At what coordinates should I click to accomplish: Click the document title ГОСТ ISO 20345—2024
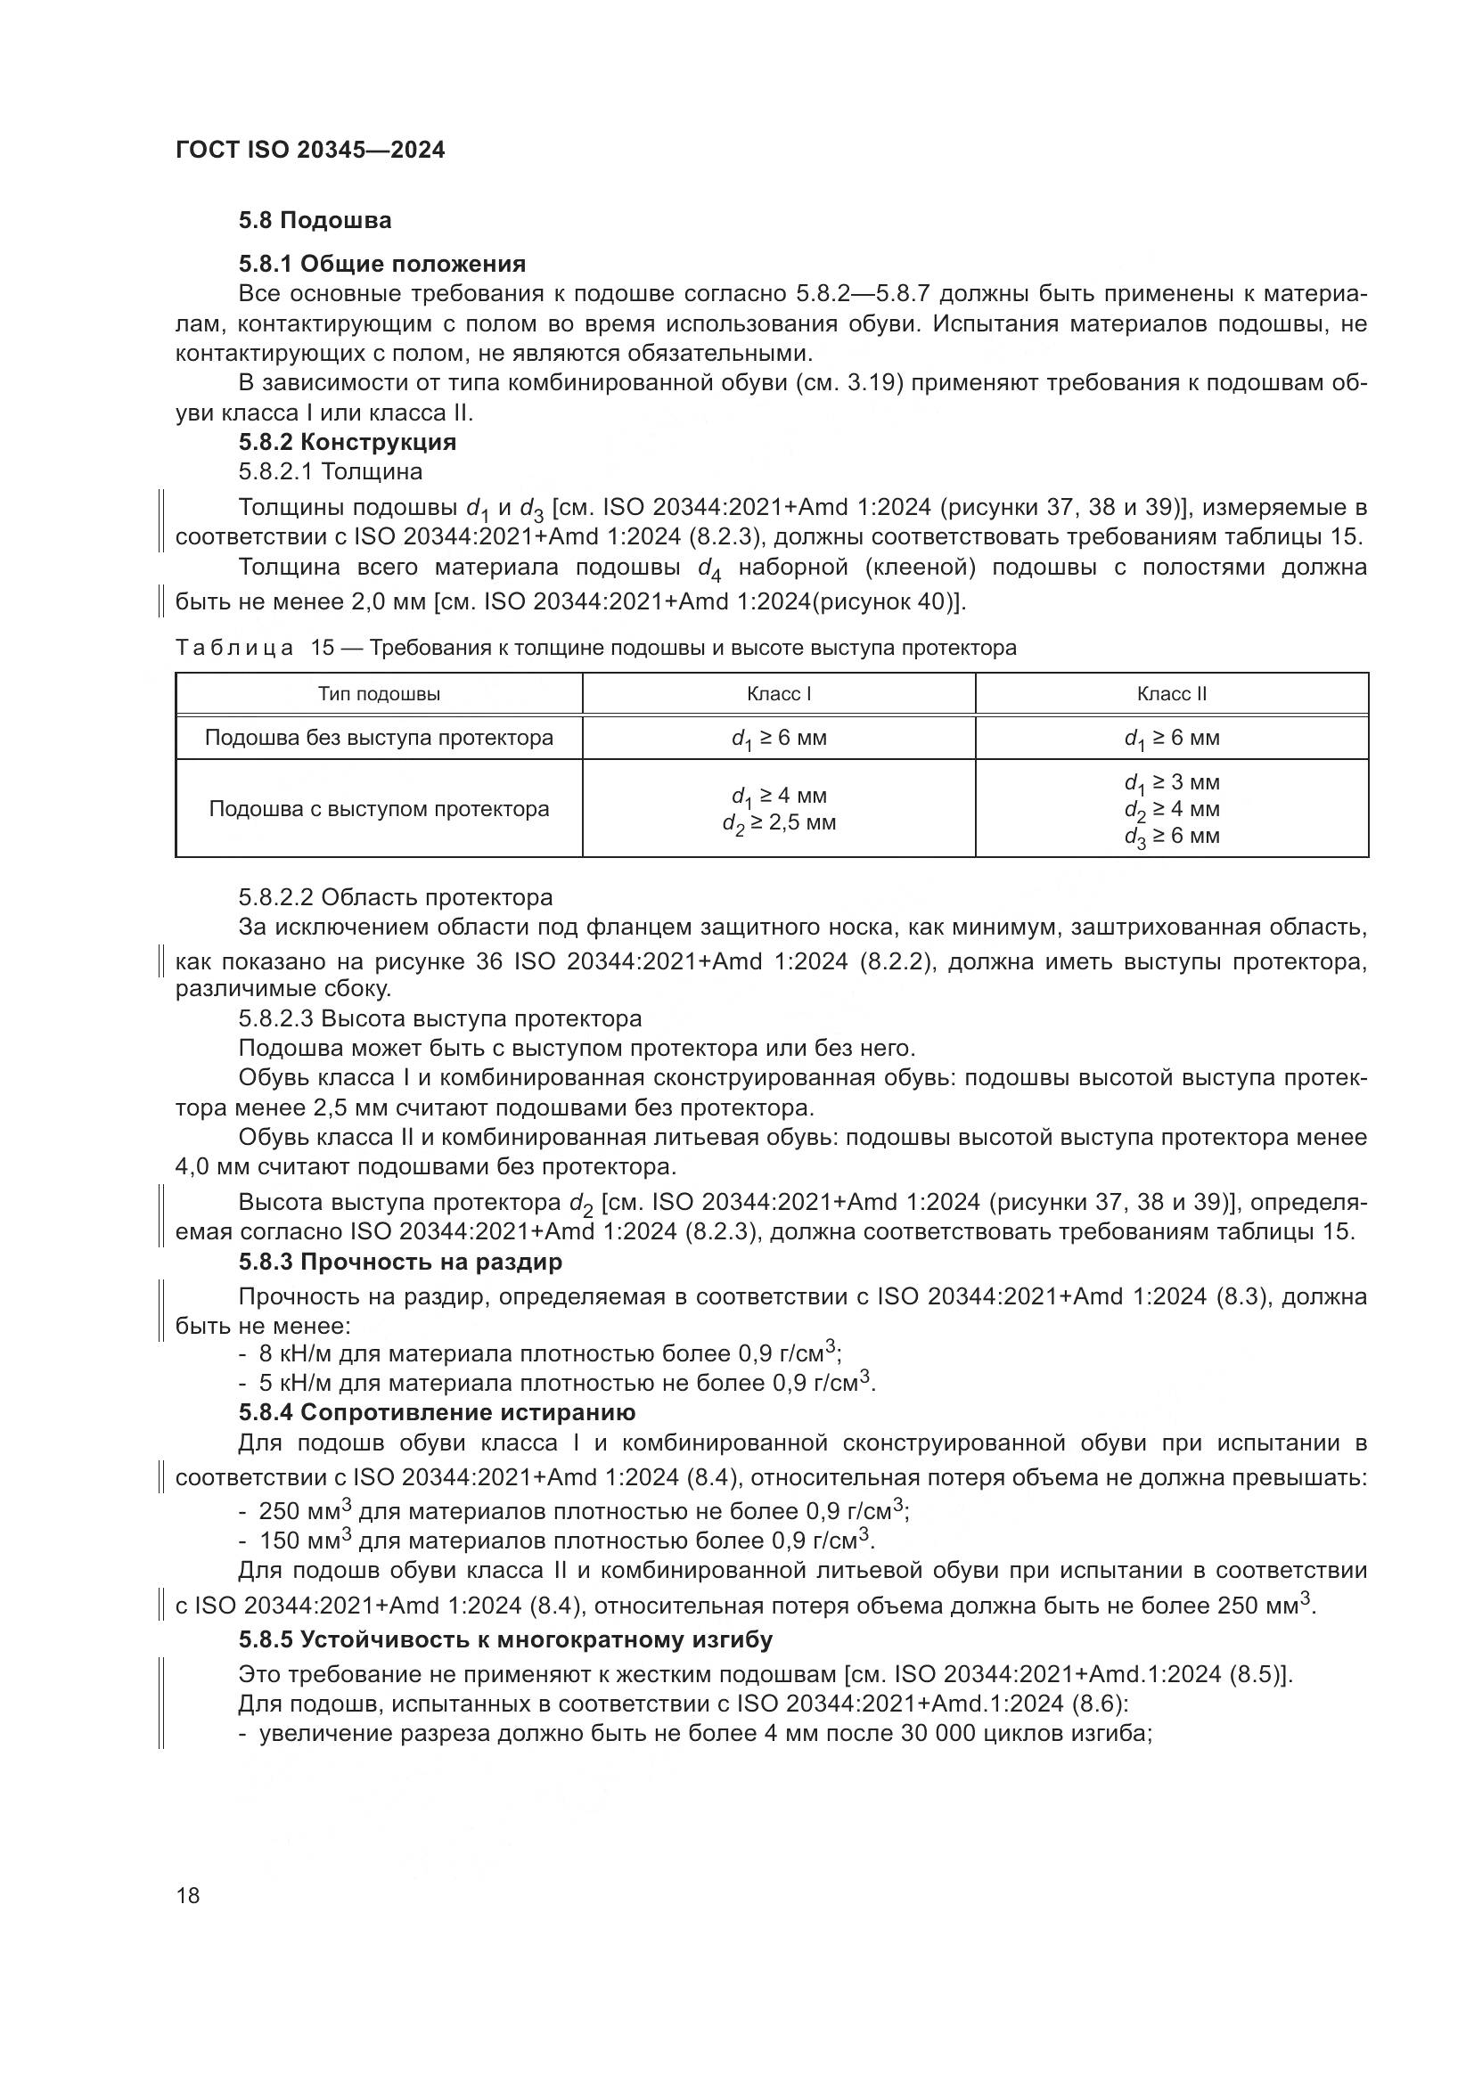(x=309, y=151)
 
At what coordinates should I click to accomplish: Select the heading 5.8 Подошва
(x=315, y=221)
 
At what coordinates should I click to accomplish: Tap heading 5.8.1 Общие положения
(x=381, y=264)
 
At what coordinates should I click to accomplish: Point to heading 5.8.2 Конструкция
(x=347, y=442)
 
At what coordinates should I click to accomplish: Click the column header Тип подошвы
(x=379, y=694)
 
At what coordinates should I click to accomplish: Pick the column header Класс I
(x=778, y=694)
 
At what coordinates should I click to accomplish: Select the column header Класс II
(x=1171, y=694)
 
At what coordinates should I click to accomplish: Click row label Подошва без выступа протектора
(x=379, y=738)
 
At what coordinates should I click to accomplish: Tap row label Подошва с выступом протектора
(x=379, y=809)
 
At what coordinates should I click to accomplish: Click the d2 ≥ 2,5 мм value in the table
(x=779, y=823)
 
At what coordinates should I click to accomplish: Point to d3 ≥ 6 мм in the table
(x=1171, y=836)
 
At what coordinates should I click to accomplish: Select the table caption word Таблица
(x=234, y=648)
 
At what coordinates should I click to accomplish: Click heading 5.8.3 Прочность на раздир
(x=399, y=1262)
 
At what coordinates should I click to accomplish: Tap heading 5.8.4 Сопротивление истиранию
(x=437, y=1412)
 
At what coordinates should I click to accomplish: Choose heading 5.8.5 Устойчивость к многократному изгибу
(x=504, y=1640)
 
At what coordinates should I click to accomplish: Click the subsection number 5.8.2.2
(x=276, y=898)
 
